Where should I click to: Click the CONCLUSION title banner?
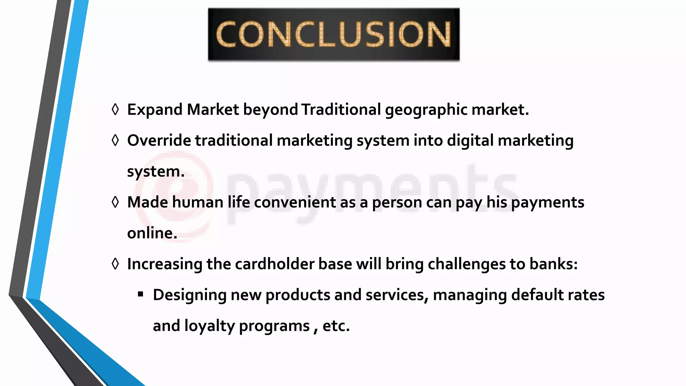point(334,34)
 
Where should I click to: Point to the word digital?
point(470,140)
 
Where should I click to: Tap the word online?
point(152,233)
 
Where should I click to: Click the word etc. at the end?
point(336,326)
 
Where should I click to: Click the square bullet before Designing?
point(140,295)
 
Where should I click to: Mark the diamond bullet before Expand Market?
point(115,110)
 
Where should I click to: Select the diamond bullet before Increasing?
point(115,264)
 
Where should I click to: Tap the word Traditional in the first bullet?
point(341,110)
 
